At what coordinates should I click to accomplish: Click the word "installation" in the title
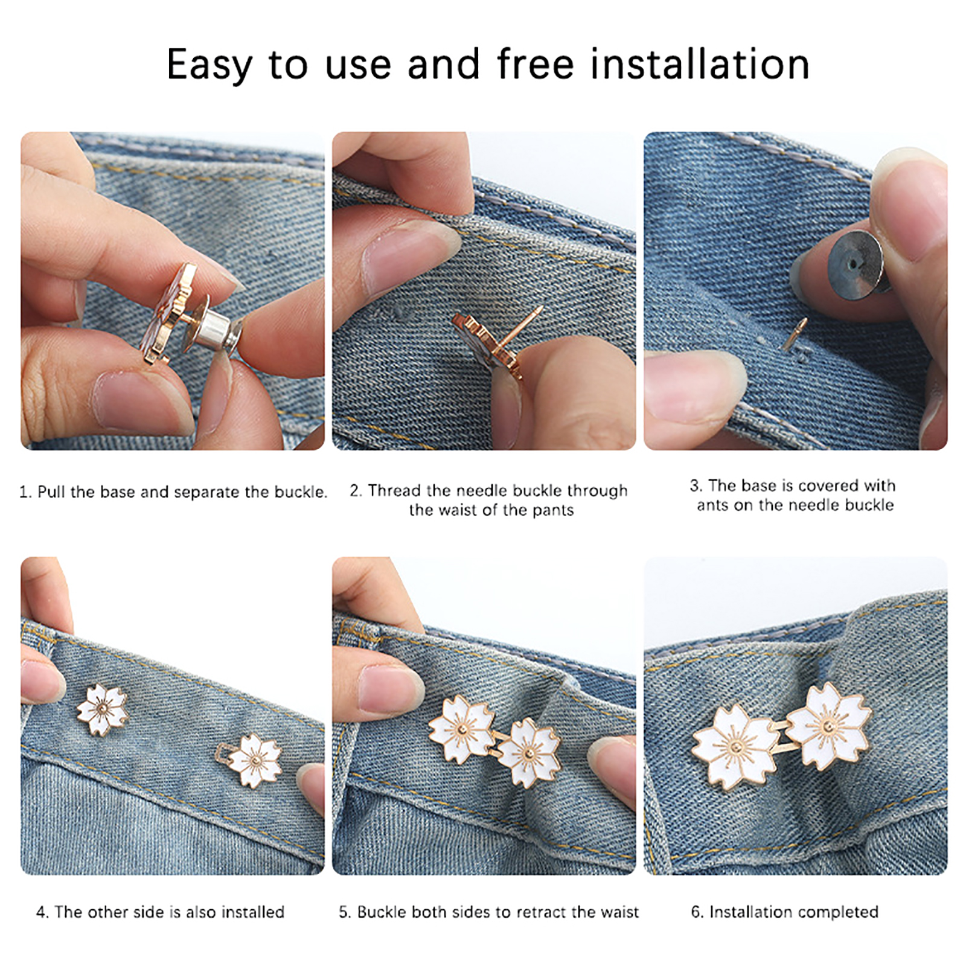[700, 64]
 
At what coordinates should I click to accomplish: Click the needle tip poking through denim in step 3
[795, 334]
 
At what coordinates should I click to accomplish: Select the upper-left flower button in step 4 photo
[102, 710]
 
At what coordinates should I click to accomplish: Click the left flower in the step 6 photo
[735, 747]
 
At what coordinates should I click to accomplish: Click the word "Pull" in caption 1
[51, 492]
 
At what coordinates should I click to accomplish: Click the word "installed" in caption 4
[253, 912]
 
